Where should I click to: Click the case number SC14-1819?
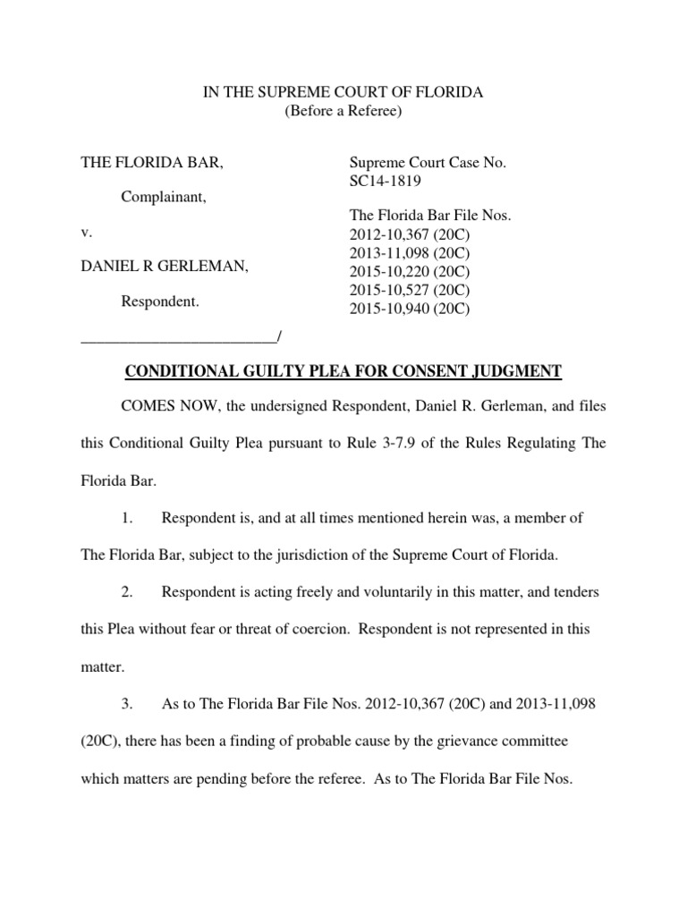[x=385, y=181]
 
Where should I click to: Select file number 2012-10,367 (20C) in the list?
[x=409, y=233]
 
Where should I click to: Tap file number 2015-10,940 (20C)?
[x=409, y=309]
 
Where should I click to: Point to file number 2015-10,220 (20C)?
[x=409, y=271]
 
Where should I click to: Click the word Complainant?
[x=164, y=197]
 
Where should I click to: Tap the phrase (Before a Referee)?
[x=343, y=111]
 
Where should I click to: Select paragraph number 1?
[x=127, y=518]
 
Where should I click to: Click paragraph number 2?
[x=127, y=592]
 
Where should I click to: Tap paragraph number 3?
[x=127, y=704]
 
